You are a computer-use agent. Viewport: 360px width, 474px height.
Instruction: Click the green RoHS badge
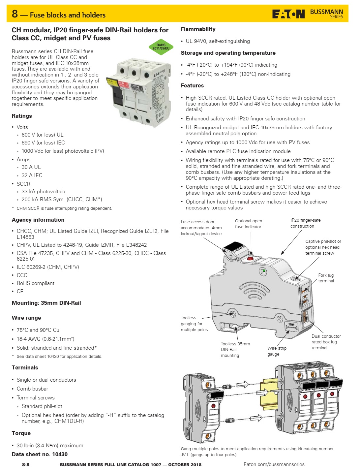pos(161,47)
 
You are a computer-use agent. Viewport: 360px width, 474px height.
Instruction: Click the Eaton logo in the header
pos(288,14)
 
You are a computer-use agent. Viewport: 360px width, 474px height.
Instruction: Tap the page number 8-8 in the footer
pos(26,464)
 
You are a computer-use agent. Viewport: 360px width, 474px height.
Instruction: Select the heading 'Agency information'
pos(38,220)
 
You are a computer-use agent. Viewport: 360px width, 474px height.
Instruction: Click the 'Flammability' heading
pos(198,29)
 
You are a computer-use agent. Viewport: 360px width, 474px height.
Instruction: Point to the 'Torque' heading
pos(21,433)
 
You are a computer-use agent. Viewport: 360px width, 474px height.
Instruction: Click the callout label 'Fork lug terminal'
pos(326,278)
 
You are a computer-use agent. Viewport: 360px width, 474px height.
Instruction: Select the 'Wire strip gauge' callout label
pos(277,351)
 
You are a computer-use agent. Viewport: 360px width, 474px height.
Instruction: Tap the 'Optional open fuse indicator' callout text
pos(248,224)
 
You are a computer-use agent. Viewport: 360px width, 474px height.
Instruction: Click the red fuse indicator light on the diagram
pos(250,258)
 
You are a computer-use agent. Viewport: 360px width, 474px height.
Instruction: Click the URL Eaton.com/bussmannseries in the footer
pos(274,464)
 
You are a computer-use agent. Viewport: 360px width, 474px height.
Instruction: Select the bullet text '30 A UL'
pos(31,167)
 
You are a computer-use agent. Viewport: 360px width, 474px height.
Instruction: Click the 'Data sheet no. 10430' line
pos(40,454)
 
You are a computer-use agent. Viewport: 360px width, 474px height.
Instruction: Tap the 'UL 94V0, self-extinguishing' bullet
pos(218,41)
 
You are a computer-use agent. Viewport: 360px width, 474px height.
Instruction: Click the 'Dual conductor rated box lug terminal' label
pos(326,342)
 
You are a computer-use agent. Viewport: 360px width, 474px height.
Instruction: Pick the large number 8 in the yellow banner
pos(15,14)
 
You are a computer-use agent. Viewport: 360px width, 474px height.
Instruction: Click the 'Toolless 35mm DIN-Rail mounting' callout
pos(235,350)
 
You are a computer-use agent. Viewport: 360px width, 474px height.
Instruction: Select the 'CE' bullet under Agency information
pos(20,291)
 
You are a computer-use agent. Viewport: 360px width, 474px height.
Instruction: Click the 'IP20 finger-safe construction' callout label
pos(305,223)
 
